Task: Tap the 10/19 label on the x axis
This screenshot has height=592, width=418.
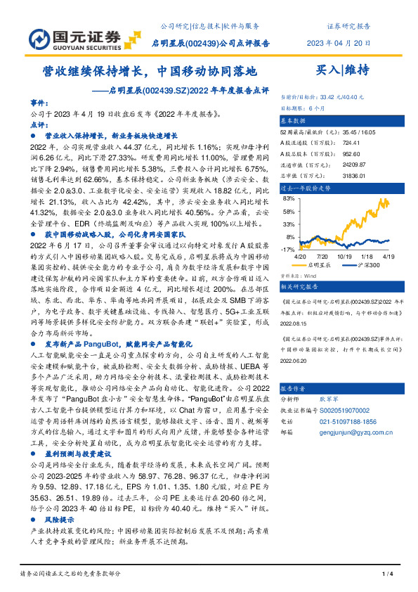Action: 344,257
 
